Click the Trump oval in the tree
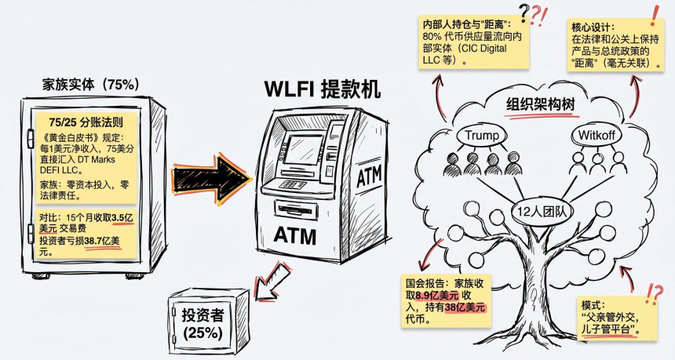pos(482,135)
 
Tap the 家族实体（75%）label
pos(91,84)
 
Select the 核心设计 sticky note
pos(617,44)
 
